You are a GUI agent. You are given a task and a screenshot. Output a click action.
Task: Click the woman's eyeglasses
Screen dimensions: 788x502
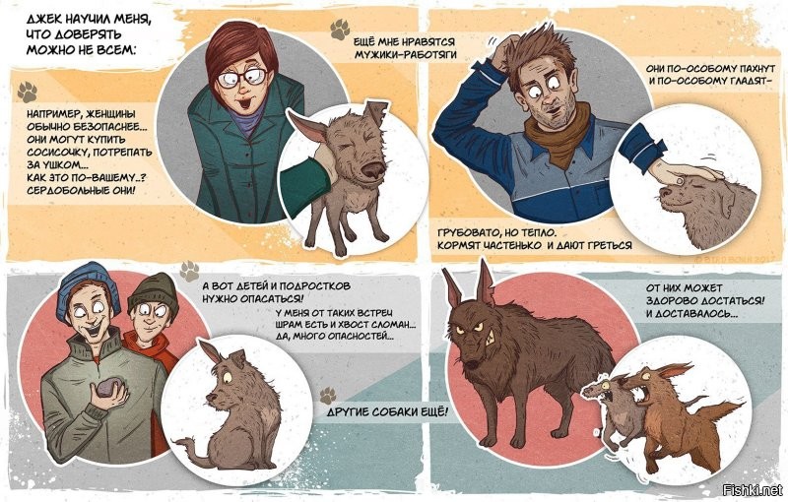click(x=242, y=78)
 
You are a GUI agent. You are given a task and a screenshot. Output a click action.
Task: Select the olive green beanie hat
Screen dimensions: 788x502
click(x=154, y=292)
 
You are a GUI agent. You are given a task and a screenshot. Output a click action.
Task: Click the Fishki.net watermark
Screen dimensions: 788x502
click(x=753, y=490)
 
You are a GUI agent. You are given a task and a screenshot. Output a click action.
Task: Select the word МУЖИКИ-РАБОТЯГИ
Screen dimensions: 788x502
click(x=406, y=55)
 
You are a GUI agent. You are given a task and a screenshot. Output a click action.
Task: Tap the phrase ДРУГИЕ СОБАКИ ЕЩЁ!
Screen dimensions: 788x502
click(x=387, y=412)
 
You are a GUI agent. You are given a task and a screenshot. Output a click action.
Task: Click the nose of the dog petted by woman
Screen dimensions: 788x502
click(x=373, y=170)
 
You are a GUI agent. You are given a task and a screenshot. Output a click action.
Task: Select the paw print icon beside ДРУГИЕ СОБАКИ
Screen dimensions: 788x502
click(x=328, y=395)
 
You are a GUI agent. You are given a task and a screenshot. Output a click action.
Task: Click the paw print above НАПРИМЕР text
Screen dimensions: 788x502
click(x=28, y=93)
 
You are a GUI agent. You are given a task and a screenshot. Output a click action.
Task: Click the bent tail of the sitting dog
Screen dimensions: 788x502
click(x=191, y=448)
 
